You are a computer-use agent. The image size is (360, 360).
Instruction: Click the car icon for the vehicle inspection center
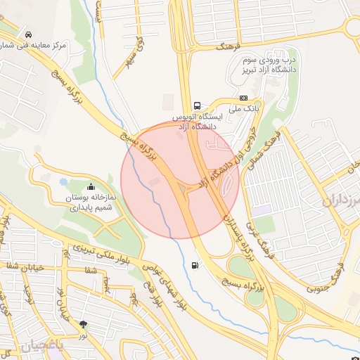pos(27,34)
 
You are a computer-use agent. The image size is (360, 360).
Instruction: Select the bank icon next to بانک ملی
pos(243,98)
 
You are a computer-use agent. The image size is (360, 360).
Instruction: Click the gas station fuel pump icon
pos(194,265)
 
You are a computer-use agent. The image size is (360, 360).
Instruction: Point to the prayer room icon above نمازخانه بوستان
pos(91,187)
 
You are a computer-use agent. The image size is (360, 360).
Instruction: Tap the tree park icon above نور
pos(84,324)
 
